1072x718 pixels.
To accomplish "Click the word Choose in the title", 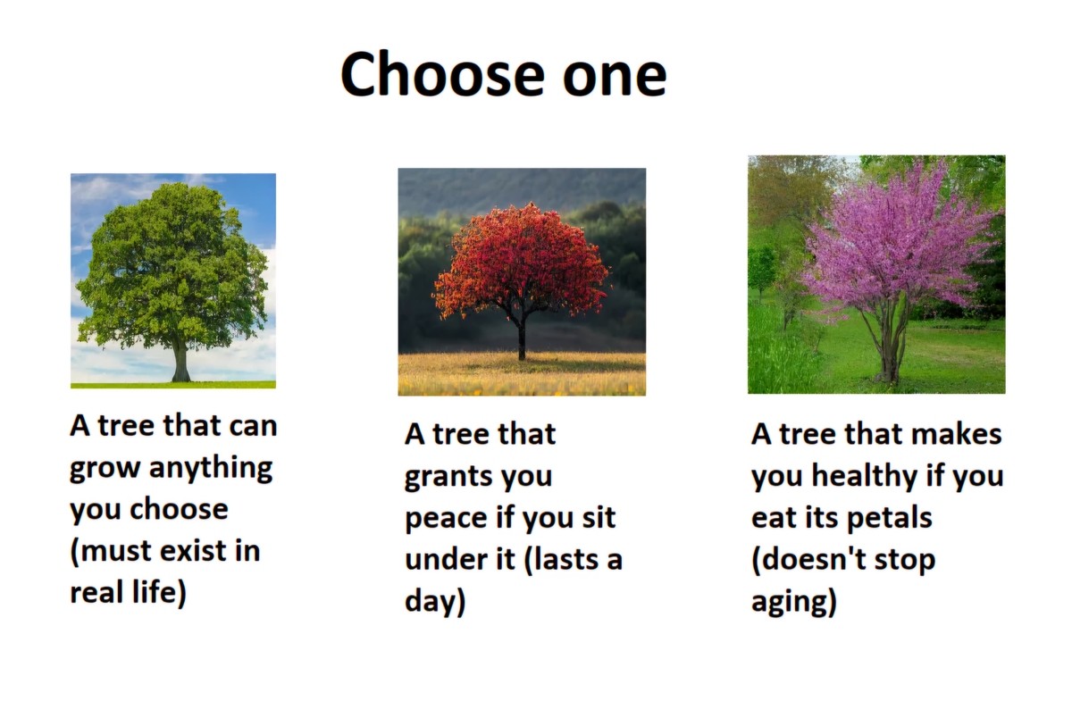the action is coord(443,75).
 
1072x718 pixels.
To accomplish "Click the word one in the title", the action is coord(615,79).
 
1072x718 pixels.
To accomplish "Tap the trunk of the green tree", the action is coord(180,360).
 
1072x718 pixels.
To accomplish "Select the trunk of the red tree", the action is coord(522,338).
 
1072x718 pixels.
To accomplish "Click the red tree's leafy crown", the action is coord(523,259).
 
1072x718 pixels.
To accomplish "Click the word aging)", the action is coord(794,601).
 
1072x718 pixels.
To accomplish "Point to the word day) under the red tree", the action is coord(435,601).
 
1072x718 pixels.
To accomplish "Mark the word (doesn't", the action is coord(809,559).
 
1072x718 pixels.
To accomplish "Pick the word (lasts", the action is coord(561,559).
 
